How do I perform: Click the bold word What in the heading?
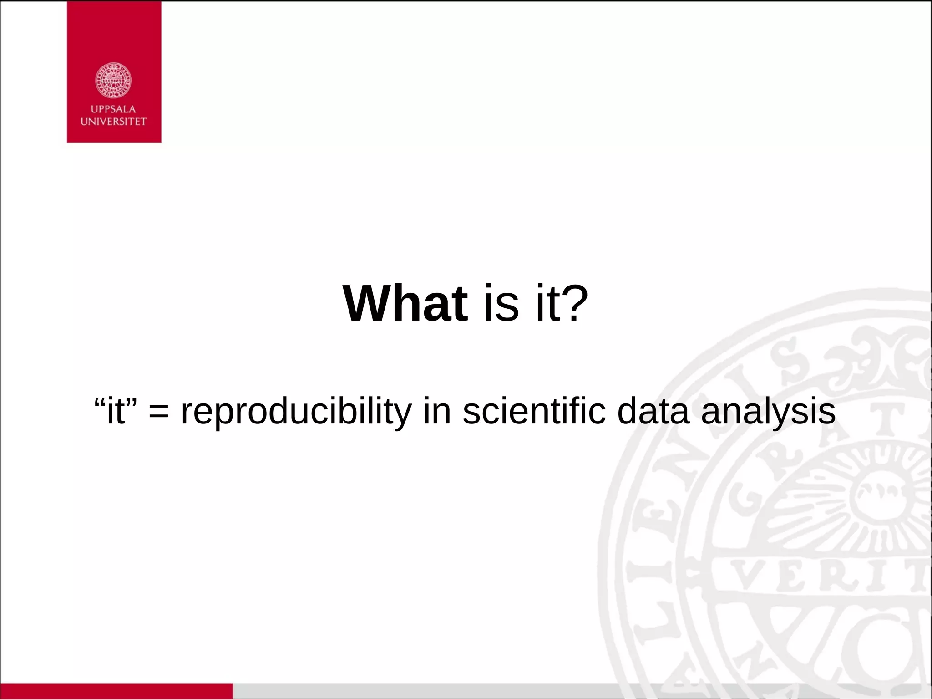click(405, 304)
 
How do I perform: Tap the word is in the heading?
click(501, 304)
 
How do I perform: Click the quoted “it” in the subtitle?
click(116, 411)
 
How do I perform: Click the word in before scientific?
click(437, 411)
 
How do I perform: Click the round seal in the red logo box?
click(113, 81)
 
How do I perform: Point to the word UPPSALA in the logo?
click(113, 109)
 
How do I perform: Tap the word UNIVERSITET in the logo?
click(113, 122)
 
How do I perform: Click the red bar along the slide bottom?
click(116, 691)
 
